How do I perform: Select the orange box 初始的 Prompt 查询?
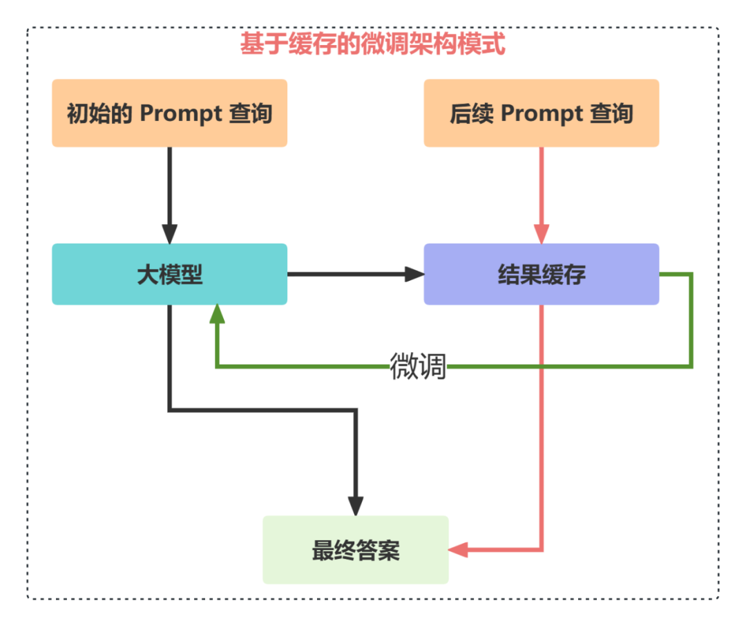coord(169,113)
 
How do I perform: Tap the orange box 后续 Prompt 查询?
coord(541,113)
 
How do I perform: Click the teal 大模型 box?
coord(169,274)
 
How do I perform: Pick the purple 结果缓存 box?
coord(541,274)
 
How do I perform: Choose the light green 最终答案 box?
coord(355,550)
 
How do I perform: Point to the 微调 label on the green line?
coord(418,366)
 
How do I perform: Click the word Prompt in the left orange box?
coord(179,113)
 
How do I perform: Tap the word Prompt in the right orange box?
coord(541,113)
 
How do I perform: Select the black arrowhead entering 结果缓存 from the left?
coord(414,274)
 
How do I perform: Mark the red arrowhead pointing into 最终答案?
coord(458,551)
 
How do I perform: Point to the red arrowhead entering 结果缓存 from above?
coord(541,234)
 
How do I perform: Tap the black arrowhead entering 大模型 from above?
coord(169,234)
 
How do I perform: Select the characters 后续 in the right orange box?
coord(472,113)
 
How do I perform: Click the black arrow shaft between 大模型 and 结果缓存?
coord(345,274)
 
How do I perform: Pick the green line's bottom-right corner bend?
coord(691,365)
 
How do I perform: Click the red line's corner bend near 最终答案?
coord(542,550)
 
